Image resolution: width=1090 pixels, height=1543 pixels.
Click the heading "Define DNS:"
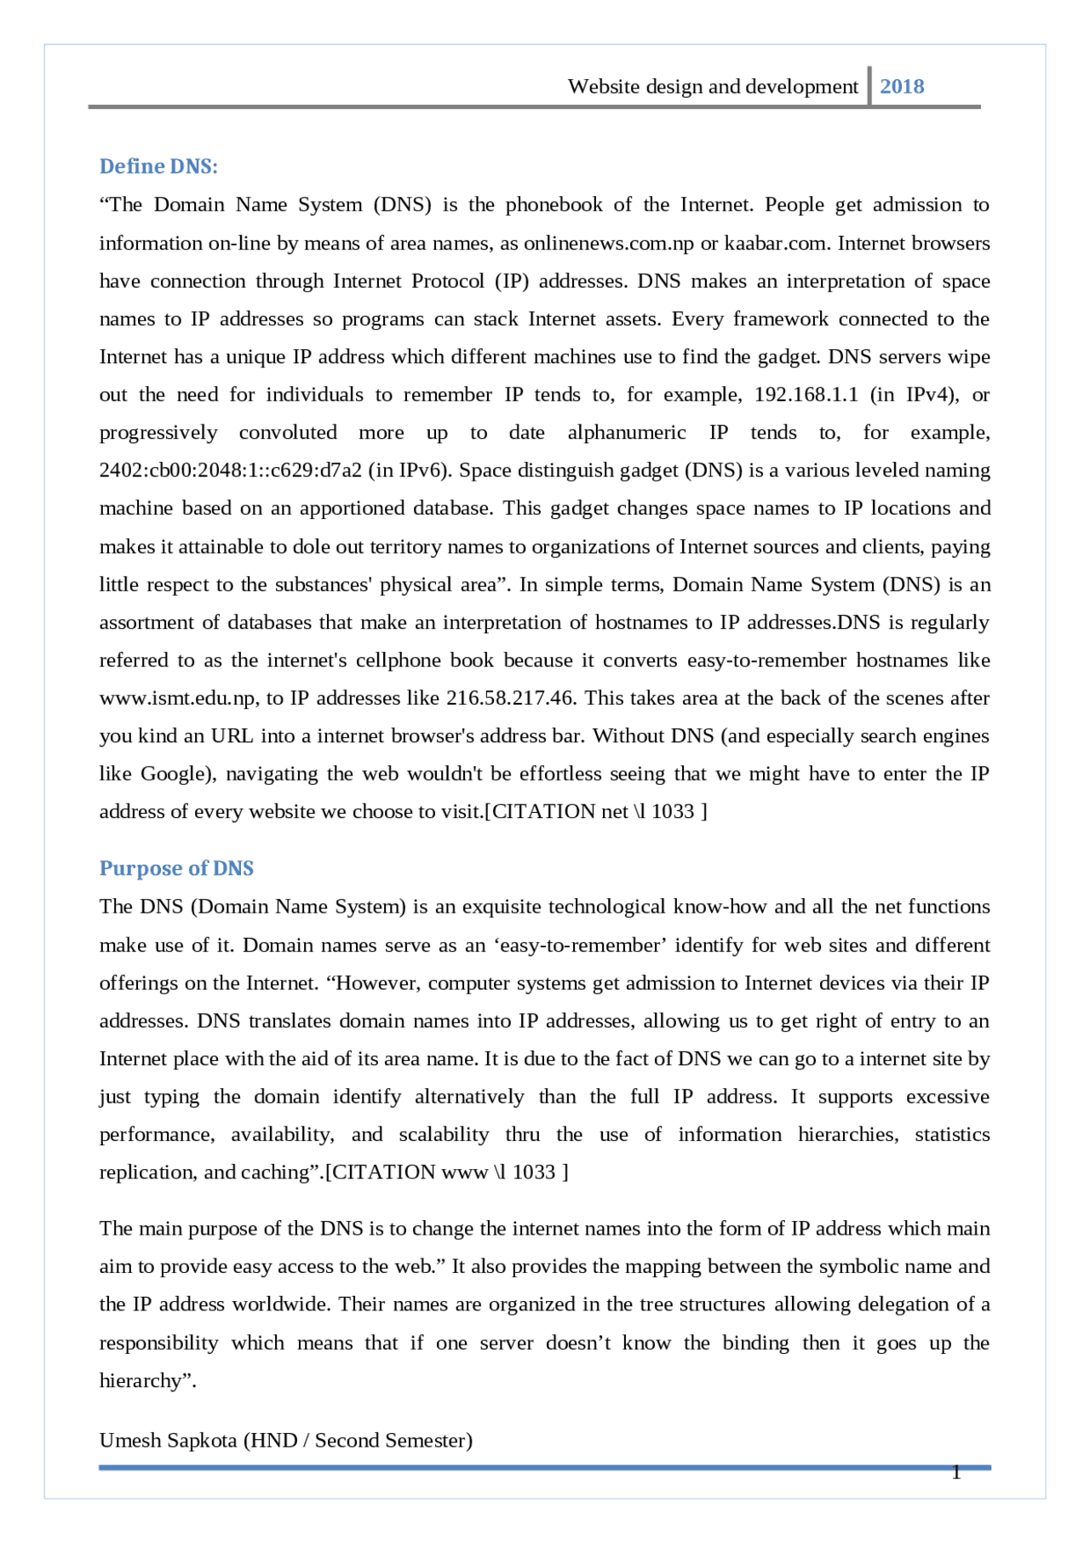click(x=158, y=166)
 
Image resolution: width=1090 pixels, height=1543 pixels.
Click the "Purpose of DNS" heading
click(x=176, y=868)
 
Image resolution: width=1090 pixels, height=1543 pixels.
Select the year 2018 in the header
click(x=902, y=86)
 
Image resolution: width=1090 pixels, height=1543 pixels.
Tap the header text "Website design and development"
click(x=713, y=86)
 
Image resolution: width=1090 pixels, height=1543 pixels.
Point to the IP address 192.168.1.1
click(x=806, y=394)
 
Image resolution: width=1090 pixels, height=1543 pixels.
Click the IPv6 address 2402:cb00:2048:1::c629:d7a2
click(x=231, y=470)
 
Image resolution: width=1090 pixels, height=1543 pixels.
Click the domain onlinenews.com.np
click(x=609, y=243)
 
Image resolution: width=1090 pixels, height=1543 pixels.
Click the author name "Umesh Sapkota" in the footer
click(x=168, y=1441)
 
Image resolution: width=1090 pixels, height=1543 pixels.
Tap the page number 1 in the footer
click(x=956, y=1472)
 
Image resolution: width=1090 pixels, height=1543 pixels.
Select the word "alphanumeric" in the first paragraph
click(x=627, y=433)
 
